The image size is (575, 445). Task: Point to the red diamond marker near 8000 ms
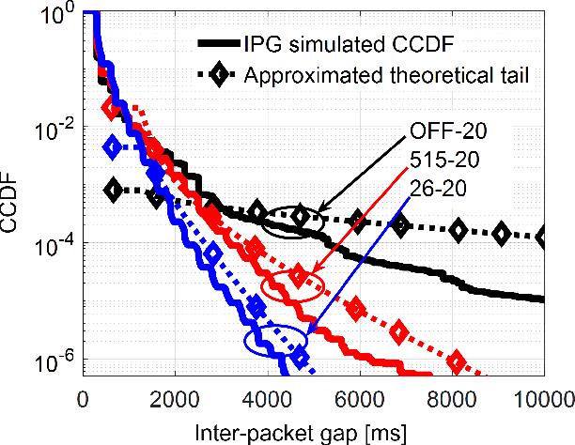(458, 361)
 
